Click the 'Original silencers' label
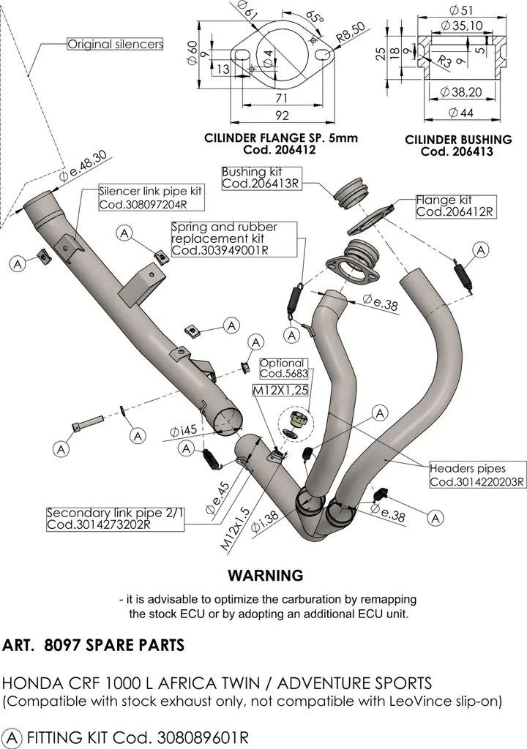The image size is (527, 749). [x=115, y=45]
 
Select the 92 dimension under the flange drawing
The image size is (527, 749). [x=283, y=116]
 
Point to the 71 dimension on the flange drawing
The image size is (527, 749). [x=282, y=98]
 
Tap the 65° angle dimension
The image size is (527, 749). [x=315, y=18]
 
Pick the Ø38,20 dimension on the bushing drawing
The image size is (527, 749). [x=460, y=91]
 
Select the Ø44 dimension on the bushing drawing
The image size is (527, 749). [x=461, y=113]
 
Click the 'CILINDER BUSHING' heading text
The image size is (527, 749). [x=458, y=140]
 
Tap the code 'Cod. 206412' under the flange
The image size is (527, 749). [x=280, y=150]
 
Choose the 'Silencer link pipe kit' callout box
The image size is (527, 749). [x=151, y=197]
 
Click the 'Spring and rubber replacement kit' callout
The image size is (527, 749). [x=233, y=239]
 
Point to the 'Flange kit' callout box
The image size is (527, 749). [x=456, y=206]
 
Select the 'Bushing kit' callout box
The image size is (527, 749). [x=262, y=178]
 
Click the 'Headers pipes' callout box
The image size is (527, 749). [x=477, y=475]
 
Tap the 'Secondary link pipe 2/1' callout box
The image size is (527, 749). [x=115, y=519]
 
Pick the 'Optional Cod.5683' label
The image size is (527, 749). [x=284, y=369]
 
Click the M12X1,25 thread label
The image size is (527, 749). [x=280, y=391]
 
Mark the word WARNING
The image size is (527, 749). [x=266, y=575]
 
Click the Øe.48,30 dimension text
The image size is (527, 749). [x=83, y=167]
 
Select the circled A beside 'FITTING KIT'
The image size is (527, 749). [x=12, y=737]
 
